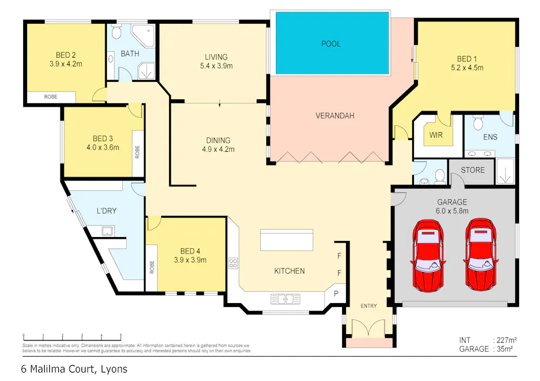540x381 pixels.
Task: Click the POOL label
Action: click(x=331, y=43)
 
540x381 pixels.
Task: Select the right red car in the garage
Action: click(x=482, y=254)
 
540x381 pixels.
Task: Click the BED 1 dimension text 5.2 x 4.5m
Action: click(x=466, y=68)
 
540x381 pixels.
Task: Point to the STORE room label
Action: click(x=472, y=169)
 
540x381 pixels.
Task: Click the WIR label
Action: click(x=435, y=135)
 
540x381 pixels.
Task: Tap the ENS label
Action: click(x=490, y=136)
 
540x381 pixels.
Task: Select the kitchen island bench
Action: click(x=287, y=240)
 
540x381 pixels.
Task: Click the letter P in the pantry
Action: click(x=335, y=294)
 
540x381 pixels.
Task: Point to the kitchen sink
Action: click(x=285, y=299)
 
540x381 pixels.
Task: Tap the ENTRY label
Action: click(x=368, y=306)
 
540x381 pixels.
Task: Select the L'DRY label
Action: click(x=106, y=211)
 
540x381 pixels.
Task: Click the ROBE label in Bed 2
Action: click(x=51, y=97)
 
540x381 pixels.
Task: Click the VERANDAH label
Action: click(x=334, y=116)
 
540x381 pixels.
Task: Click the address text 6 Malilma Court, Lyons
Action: click(x=74, y=370)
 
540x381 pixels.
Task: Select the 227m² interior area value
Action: click(x=507, y=340)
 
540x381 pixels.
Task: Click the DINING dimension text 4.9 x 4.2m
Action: click(x=218, y=150)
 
